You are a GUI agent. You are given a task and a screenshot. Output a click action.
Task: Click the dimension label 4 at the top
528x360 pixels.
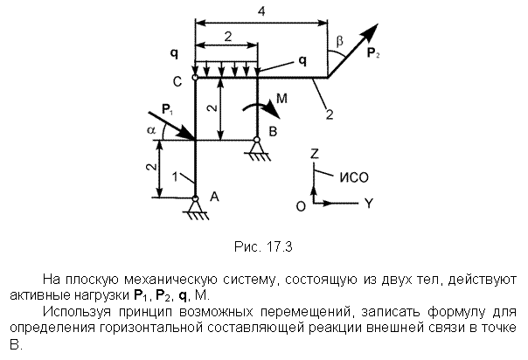261,11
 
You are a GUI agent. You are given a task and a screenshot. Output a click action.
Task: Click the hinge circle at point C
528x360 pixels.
195,78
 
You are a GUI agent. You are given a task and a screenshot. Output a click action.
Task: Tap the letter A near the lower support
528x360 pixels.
214,196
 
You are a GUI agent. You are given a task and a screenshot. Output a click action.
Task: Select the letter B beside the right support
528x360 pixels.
273,131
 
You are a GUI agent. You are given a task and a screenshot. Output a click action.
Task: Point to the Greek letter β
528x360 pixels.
339,41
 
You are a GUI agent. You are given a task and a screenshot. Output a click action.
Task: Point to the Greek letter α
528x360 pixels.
151,130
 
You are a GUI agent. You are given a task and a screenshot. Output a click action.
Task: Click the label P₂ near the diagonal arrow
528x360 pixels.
373,53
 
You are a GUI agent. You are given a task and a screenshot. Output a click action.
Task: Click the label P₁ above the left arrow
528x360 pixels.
167,109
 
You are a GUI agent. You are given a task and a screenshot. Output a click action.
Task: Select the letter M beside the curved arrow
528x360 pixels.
281,98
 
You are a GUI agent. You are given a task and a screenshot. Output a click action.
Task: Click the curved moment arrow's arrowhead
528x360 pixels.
272,109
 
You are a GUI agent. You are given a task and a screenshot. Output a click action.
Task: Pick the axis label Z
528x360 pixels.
315,154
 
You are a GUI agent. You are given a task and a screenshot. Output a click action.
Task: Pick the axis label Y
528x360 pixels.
370,204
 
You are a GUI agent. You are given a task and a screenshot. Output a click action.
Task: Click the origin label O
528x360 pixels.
301,206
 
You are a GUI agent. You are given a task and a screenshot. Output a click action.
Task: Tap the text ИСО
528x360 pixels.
354,177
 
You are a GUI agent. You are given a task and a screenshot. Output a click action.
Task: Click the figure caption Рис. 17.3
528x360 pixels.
263,246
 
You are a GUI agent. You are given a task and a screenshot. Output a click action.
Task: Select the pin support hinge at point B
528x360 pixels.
257,139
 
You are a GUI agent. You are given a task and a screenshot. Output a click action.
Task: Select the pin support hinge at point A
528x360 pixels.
195,198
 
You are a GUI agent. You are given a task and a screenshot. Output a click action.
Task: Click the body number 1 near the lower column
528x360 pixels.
175,177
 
